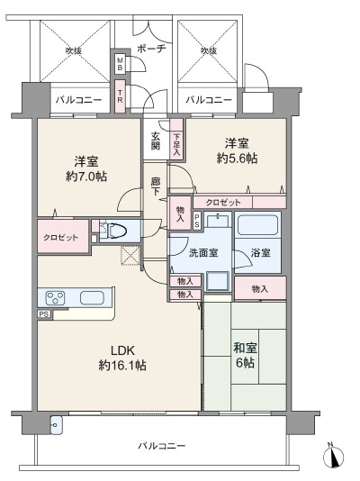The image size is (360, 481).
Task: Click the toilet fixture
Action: click(115, 231)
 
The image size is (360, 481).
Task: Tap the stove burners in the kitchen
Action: click(55, 297)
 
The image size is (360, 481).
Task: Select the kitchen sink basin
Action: click(92, 297)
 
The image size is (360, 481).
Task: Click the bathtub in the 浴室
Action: click(257, 225)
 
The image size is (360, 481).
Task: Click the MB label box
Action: click(120, 63)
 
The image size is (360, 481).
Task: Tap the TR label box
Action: click(120, 95)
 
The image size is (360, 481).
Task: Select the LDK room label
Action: click(122, 349)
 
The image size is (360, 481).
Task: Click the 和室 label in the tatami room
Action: click(245, 349)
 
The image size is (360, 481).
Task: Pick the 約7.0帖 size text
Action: click(86, 177)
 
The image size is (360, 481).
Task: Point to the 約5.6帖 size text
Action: click(237, 159)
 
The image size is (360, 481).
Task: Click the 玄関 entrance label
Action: click(156, 141)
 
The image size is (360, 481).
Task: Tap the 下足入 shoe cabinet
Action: click(176, 139)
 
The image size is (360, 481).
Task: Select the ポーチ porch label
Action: click(151, 49)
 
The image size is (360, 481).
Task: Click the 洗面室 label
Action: click(203, 253)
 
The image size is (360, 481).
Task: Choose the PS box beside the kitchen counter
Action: click(44, 314)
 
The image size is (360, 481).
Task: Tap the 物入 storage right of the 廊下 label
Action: click(180, 213)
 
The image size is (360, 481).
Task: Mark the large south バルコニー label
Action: click(161, 445)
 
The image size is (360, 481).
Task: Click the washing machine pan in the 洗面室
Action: click(217, 281)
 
